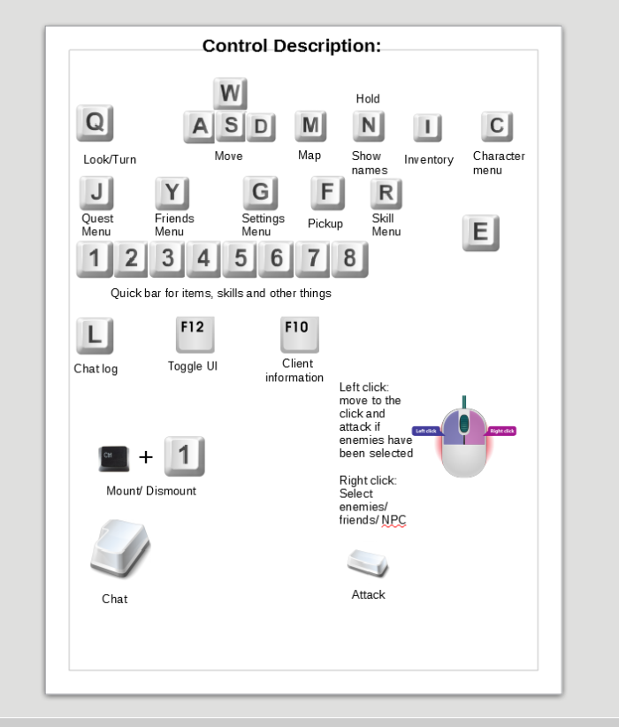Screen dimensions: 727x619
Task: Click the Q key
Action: point(95,123)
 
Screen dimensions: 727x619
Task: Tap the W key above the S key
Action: point(230,94)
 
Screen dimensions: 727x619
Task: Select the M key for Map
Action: point(310,126)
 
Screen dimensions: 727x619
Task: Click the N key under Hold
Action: point(368,126)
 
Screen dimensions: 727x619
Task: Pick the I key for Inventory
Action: point(427,128)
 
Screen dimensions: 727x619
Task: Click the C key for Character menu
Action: point(497,126)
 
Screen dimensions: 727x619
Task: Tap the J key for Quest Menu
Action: point(96,193)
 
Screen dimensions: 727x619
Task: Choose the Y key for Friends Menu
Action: point(172,193)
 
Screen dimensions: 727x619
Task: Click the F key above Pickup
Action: point(327,193)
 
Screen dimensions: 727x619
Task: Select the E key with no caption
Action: point(481,233)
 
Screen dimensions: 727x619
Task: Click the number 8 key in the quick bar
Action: point(350,259)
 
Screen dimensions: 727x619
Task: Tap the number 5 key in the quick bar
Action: point(241,259)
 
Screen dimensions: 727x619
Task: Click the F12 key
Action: point(195,333)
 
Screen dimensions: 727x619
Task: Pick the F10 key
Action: point(299,333)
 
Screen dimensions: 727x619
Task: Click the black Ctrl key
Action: point(114,457)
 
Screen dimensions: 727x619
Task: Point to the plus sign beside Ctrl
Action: point(146,457)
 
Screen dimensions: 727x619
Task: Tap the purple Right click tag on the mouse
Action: point(502,431)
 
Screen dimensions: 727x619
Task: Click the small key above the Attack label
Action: point(368,562)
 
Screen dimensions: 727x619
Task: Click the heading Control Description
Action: point(292,46)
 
